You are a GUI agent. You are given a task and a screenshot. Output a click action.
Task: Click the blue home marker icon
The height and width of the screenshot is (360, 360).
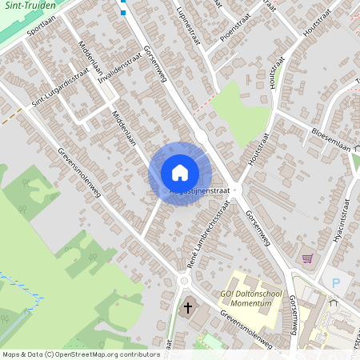(180, 173)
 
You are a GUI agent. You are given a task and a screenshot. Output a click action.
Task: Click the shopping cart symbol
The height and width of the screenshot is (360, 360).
(307, 258)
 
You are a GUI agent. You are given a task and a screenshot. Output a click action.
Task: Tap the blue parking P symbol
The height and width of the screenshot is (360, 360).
(336, 282)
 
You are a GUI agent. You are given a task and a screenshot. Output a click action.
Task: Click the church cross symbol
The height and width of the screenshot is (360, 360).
(189, 307)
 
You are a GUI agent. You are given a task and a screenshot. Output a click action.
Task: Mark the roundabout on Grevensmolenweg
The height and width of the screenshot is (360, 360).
(185, 281)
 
